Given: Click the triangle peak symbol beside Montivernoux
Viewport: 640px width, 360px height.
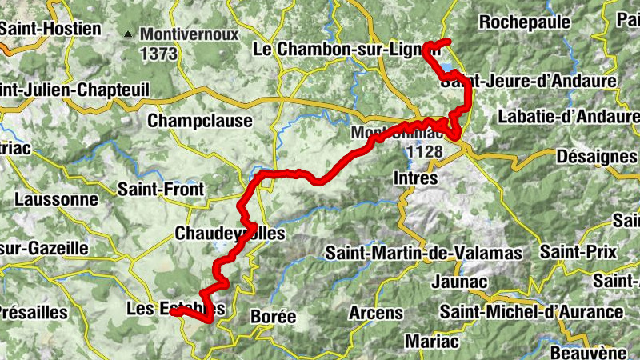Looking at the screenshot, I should [x=128, y=34].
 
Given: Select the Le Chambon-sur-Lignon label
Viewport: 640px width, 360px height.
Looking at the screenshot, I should [x=346, y=50].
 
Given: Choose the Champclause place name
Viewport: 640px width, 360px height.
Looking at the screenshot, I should [x=200, y=121].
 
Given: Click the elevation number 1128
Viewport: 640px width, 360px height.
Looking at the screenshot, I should [x=424, y=150].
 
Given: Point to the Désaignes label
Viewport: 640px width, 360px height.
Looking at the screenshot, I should [x=595, y=155].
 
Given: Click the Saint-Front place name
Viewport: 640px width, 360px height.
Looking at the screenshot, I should [x=161, y=190].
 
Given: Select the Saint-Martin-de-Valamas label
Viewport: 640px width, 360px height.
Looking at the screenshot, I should [x=424, y=254].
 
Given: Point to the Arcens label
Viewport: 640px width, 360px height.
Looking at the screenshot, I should [x=376, y=313].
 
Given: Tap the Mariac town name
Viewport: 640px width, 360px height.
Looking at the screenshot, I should [x=432, y=342].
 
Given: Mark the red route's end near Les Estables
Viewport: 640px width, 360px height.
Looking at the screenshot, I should [x=173, y=312].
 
